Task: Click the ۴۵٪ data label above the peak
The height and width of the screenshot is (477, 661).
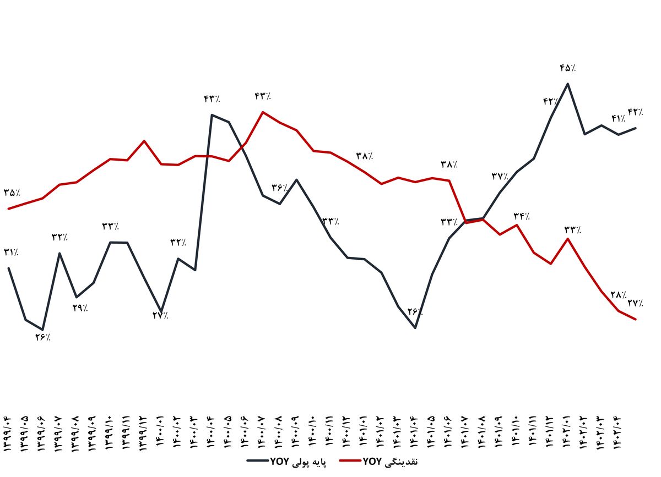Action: pos(568,68)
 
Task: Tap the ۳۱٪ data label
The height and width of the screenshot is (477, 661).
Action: pos(11,253)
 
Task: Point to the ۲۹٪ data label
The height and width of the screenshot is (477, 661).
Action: pos(80,308)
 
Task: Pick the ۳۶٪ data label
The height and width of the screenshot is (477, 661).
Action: pos(280,188)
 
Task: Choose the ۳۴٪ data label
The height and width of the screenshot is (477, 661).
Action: pos(521,216)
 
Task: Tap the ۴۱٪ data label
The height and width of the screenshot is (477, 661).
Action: pos(618,118)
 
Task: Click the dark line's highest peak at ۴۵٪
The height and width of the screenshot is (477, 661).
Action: pos(568,84)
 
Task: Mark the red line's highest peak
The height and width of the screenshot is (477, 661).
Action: pos(263,112)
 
